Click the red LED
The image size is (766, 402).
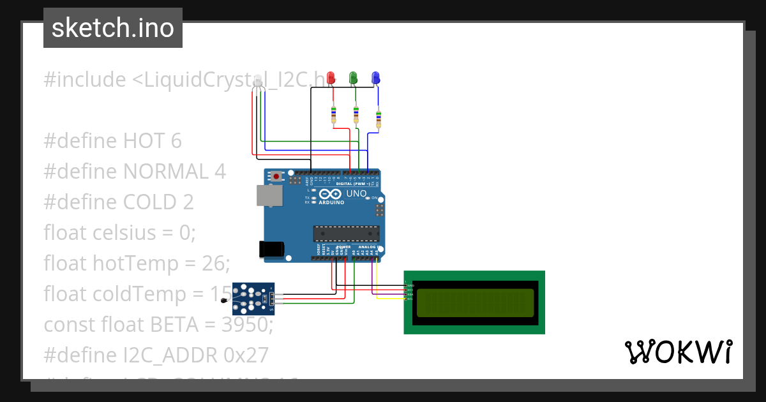[x=331, y=78]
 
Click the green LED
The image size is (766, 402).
[x=353, y=78]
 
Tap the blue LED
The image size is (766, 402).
[x=375, y=78]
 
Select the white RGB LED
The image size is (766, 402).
[x=258, y=84]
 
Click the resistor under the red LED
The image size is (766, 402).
[x=333, y=115]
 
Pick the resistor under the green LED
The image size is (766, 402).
[x=356, y=115]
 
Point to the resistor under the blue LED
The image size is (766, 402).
[x=379, y=119]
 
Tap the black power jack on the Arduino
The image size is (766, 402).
[x=269, y=249]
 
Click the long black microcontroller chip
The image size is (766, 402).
[x=346, y=234]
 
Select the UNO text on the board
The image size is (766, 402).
[x=356, y=193]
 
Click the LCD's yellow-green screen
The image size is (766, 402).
[x=474, y=302]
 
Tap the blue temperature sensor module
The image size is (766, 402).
[x=253, y=299]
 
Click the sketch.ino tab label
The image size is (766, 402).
[x=113, y=28]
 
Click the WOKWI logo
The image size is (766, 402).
[x=678, y=352]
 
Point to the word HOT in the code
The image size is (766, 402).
[x=144, y=140]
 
